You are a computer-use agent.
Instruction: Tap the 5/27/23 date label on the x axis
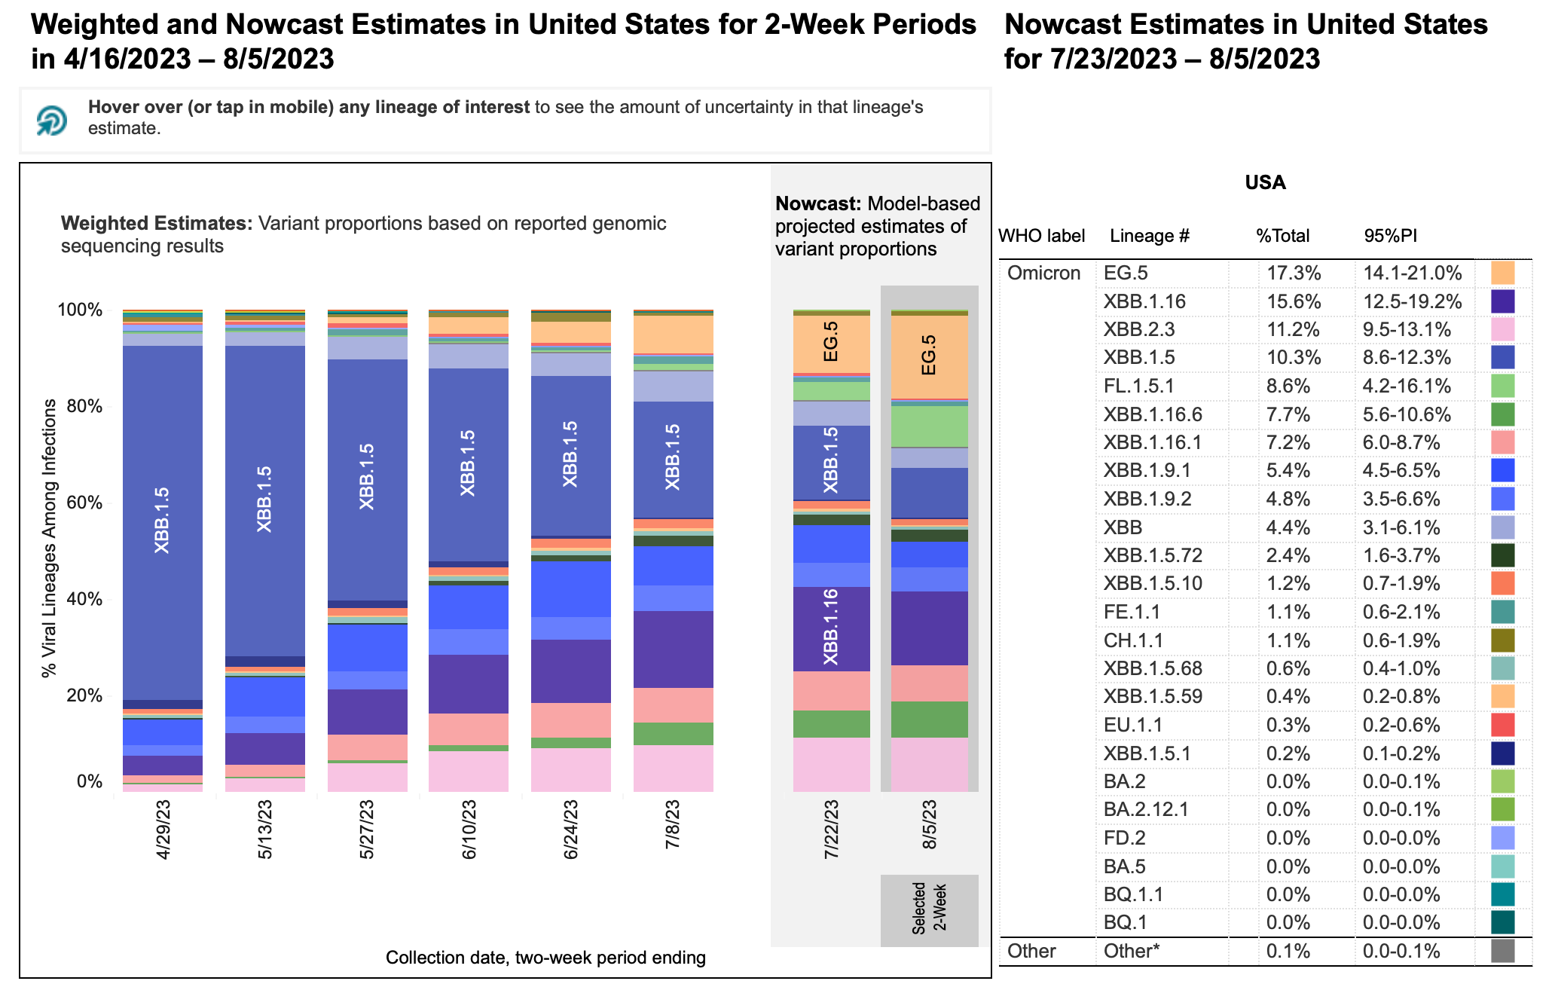367,830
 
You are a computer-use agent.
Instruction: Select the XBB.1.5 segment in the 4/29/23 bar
162,520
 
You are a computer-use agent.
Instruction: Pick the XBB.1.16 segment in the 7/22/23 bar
831,628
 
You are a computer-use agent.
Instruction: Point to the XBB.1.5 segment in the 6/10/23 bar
468,463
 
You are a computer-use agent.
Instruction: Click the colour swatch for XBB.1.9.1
1502,470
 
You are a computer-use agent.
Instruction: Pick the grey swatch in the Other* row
1502,951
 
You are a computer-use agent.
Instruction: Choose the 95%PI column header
1390,236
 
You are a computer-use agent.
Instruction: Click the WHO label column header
1041,236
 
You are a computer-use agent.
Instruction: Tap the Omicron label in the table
1043,273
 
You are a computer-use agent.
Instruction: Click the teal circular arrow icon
52,121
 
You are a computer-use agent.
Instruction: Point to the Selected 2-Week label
929,909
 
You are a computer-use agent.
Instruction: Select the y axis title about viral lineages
50,538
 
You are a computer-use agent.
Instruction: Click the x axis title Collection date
545,958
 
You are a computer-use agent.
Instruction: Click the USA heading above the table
1265,182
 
